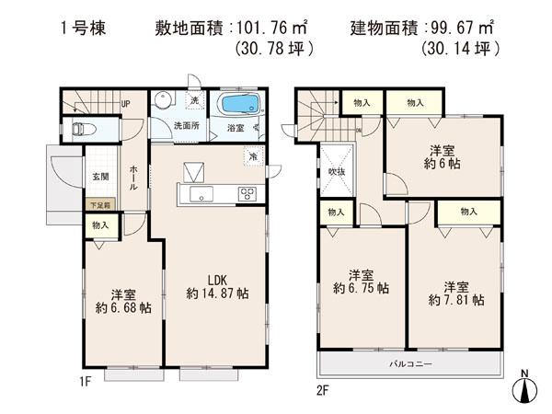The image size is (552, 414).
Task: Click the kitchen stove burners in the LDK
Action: click(247, 193)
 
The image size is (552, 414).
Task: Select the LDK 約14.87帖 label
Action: click(215, 286)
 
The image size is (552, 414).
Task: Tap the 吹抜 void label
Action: click(336, 172)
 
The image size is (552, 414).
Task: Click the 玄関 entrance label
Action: click(98, 177)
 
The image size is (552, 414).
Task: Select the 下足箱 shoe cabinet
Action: click(99, 205)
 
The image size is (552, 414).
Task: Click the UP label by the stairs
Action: click(126, 104)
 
